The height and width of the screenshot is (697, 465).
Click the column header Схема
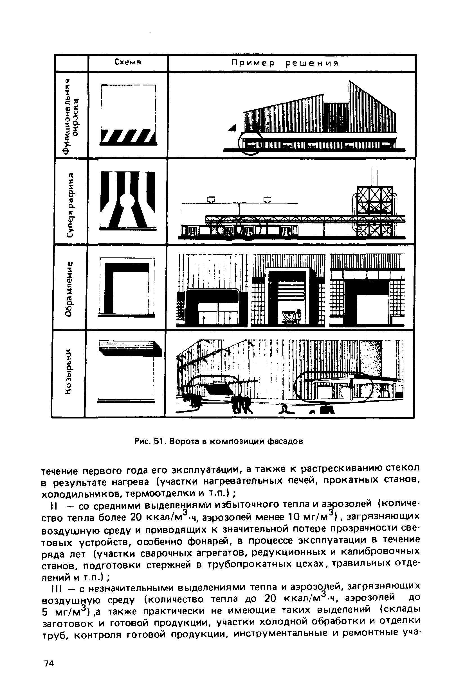point(128,63)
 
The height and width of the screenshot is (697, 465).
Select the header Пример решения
point(285,64)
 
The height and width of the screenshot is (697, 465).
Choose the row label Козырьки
point(69,372)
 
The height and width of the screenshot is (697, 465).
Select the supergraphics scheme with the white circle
point(128,202)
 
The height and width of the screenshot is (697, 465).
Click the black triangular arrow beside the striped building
point(232,128)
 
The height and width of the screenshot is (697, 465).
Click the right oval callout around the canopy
point(333,386)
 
